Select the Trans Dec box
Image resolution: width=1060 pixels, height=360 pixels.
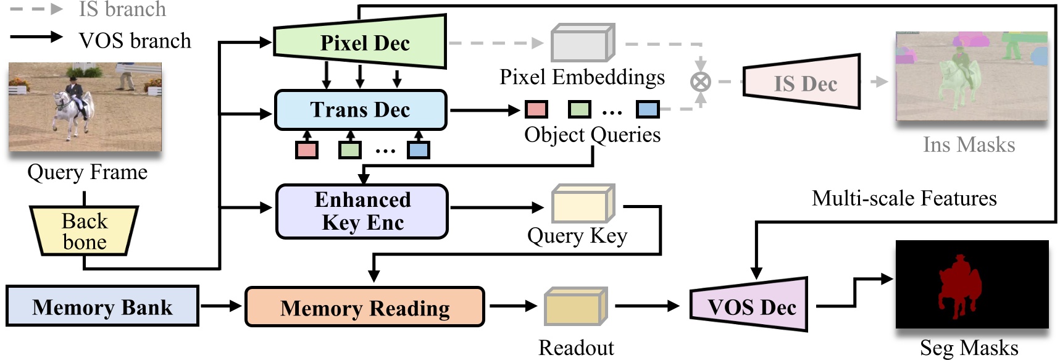coord(361,110)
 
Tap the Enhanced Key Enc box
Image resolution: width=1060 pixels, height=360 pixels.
coord(362,211)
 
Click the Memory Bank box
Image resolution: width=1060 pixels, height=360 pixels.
coord(102,306)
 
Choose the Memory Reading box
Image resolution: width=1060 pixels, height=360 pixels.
coord(365,307)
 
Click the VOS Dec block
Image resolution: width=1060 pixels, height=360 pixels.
coord(750,306)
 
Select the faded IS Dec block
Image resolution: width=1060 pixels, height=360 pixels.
coord(803,83)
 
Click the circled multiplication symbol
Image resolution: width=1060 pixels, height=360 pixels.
coord(700,82)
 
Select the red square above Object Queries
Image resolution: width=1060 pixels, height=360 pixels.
coord(536,110)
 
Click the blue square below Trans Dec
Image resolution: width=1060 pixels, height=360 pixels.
coord(418,149)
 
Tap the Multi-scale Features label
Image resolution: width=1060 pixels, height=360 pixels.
coord(904,198)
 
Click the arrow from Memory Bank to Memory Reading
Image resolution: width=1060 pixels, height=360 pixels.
coord(220,306)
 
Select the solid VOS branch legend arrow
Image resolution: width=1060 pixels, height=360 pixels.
coord(37,37)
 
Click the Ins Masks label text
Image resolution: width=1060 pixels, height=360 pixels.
coord(969,144)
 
